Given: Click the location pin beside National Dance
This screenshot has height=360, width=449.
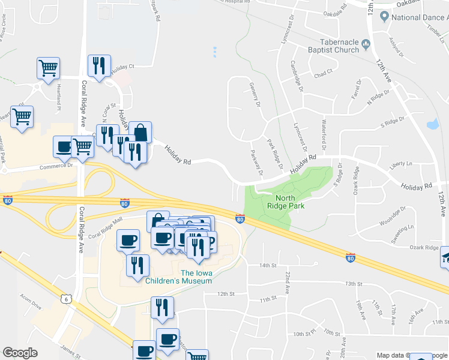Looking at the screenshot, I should click(x=383, y=17).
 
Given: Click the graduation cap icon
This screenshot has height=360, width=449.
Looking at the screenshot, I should click(x=445, y=257).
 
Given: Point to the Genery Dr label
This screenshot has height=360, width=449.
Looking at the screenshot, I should click(x=256, y=95).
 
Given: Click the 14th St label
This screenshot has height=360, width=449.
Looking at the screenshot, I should click(x=267, y=265).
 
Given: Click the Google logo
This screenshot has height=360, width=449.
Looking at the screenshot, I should click(x=20, y=353).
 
